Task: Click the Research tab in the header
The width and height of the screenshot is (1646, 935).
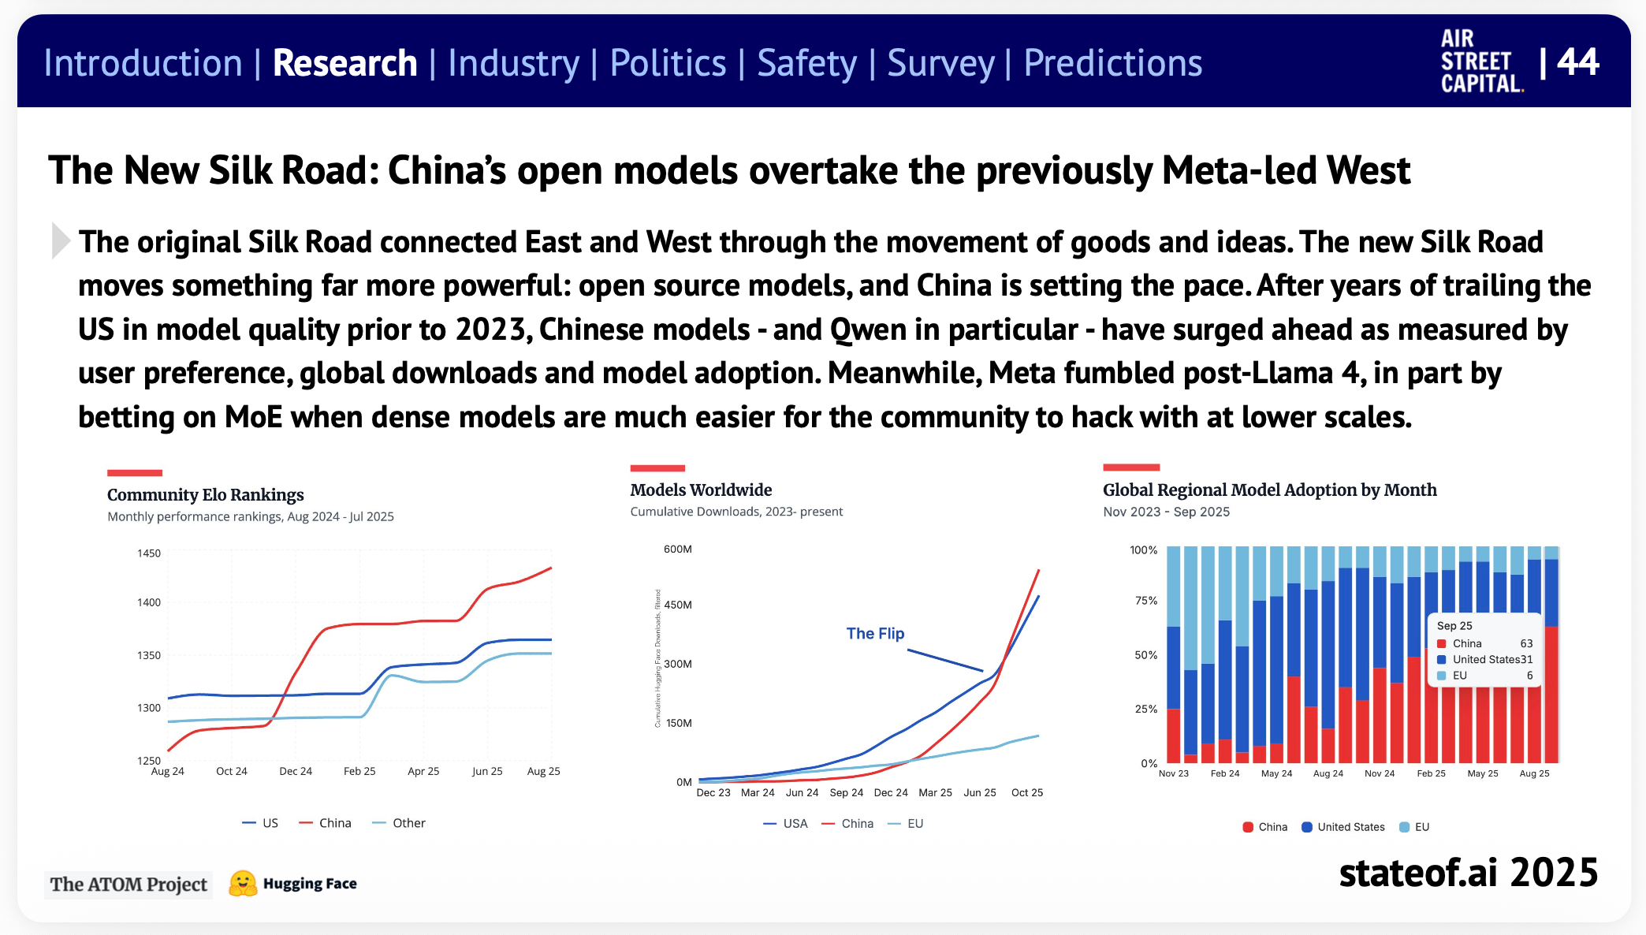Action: click(344, 63)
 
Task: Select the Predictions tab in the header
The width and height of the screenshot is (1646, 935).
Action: click(1112, 63)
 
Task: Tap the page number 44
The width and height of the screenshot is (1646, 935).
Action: click(1578, 61)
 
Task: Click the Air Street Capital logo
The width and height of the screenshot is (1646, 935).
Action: click(1480, 61)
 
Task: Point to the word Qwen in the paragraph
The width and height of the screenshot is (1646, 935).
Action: click(868, 330)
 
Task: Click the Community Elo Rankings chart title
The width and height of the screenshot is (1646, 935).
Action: click(205, 494)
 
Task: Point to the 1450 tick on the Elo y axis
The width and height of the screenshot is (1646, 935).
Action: click(149, 553)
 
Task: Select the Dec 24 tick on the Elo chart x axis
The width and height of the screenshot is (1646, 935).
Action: click(296, 771)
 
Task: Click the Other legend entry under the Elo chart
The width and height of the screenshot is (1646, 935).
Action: click(408, 823)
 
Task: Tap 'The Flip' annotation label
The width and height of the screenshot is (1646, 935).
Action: click(875, 633)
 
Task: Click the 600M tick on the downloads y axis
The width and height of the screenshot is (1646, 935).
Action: click(678, 549)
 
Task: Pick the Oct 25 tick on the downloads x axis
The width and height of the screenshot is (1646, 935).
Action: click(1027, 792)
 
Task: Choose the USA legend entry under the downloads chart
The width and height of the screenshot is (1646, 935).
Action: click(795, 824)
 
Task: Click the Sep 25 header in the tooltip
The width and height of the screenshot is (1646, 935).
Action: click(1454, 626)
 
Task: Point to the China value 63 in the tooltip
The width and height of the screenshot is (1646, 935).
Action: click(1526, 643)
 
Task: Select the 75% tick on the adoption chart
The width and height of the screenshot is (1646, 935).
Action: click(1146, 601)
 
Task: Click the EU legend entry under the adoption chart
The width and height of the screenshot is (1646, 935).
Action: click(1421, 827)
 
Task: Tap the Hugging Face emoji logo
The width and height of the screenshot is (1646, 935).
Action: click(243, 884)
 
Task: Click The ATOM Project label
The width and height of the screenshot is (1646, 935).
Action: click(128, 885)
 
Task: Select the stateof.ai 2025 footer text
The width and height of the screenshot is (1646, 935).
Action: click(1468, 873)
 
